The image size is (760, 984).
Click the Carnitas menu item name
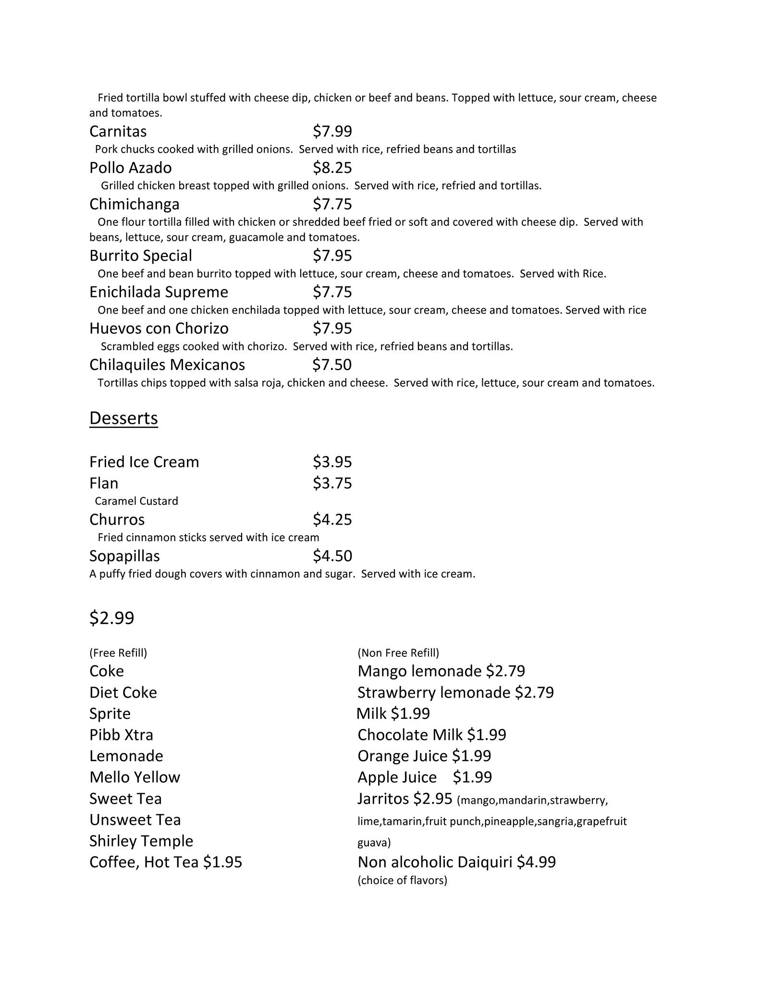point(118,131)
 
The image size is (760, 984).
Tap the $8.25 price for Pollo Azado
point(332,168)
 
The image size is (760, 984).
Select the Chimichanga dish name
point(134,204)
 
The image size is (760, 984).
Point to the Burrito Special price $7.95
point(332,256)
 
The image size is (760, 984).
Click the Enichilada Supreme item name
point(159,292)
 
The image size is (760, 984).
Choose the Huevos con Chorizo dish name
point(159,329)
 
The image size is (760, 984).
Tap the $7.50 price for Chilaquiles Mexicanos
point(331,365)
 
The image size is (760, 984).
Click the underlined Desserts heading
point(123,418)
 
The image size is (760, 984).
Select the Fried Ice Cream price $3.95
point(332,462)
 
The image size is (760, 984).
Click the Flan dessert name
point(104,483)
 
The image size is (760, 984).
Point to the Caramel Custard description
point(136,501)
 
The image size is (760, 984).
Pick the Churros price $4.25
point(332,520)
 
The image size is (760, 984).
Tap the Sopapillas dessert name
point(124,556)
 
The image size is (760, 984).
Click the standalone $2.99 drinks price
point(111,618)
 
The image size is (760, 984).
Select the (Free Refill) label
point(118,653)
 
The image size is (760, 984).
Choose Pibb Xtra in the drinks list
point(121,735)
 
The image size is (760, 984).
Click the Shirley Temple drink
point(141,841)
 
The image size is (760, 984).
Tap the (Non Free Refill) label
point(398,653)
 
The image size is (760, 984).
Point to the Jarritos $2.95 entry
point(405,799)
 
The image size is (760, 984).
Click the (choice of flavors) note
point(402,880)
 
